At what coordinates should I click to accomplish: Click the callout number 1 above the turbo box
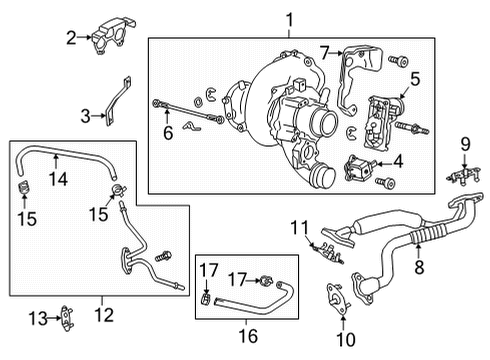(x=289, y=19)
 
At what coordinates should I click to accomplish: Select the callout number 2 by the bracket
(x=71, y=39)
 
